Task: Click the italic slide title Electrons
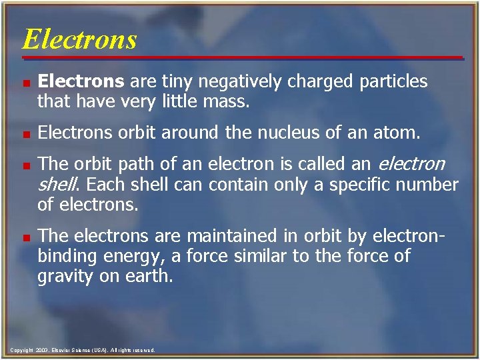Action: (79, 39)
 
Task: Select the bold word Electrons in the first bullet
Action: (81, 82)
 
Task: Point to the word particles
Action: (393, 82)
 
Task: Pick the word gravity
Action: (65, 276)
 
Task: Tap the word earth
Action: (149, 276)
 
